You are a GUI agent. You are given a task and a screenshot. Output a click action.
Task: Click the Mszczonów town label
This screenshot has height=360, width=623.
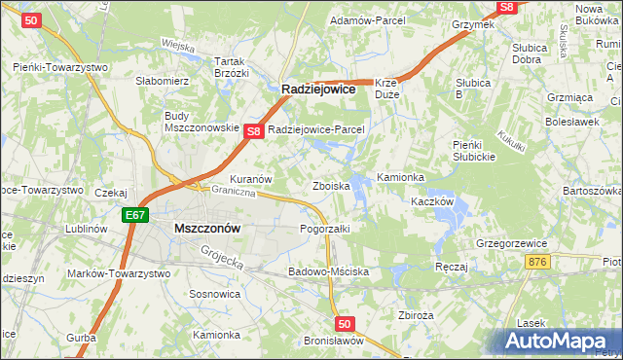pos(206,228)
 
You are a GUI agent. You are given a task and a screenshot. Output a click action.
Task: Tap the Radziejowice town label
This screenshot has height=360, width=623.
pos(318,89)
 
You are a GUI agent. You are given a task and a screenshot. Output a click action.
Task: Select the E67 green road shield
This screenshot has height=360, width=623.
pos(134,215)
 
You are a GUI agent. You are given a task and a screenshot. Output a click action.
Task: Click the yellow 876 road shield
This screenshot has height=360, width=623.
pos(536,262)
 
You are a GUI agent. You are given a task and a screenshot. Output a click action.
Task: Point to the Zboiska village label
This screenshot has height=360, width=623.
pos(330,185)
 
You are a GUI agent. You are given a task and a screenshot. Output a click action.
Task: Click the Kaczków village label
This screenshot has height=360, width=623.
pos(433,200)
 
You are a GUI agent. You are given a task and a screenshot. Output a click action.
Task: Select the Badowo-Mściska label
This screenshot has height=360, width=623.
pos(328,271)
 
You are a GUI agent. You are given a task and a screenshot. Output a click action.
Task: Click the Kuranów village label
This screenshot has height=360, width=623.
pos(250,180)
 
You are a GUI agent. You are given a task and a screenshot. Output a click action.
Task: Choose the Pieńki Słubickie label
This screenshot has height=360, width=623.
pos(476,151)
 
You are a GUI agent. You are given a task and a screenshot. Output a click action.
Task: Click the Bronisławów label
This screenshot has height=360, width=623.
pos(333,342)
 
